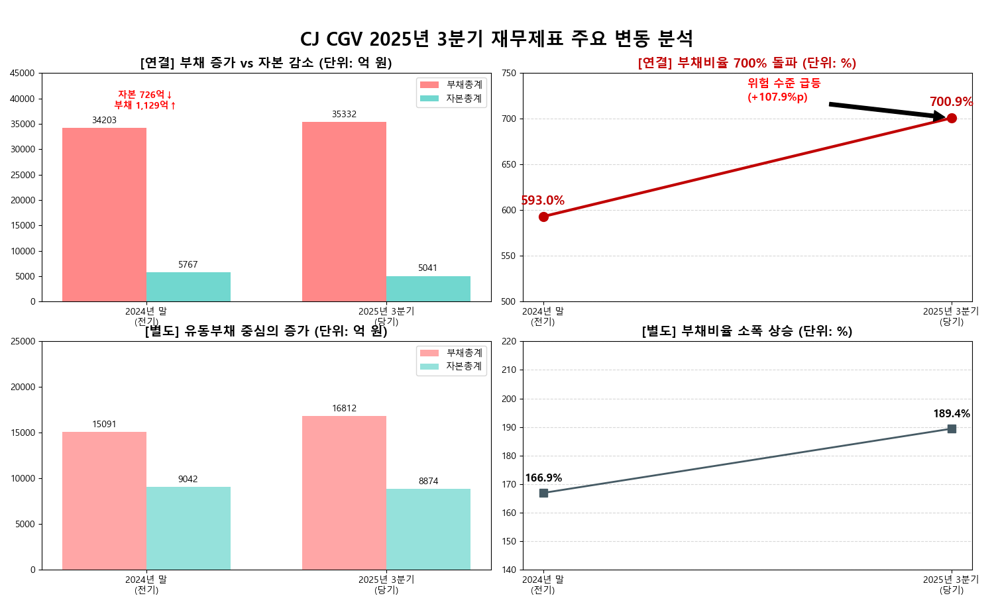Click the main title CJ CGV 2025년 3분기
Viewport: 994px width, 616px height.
(x=496, y=39)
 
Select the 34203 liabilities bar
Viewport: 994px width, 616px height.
(x=104, y=215)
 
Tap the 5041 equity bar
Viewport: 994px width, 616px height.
(x=428, y=289)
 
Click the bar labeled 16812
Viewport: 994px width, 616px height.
(x=344, y=493)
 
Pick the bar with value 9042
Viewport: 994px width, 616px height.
(x=188, y=528)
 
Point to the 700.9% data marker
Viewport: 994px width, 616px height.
(x=952, y=119)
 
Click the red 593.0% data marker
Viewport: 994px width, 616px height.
(x=543, y=217)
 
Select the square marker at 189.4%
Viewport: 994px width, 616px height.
(x=952, y=429)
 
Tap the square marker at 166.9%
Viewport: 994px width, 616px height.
(x=543, y=493)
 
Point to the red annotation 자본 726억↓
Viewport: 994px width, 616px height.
(x=145, y=95)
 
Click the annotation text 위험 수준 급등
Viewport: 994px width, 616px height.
(x=784, y=83)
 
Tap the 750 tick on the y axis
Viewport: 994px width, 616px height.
(x=508, y=74)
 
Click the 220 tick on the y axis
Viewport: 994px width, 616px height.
(x=508, y=342)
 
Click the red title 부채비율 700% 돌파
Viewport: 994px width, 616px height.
(x=747, y=63)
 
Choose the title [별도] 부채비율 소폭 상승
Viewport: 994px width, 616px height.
(x=747, y=331)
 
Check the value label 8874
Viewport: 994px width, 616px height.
(x=428, y=482)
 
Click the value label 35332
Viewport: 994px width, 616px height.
(x=344, y=115)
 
